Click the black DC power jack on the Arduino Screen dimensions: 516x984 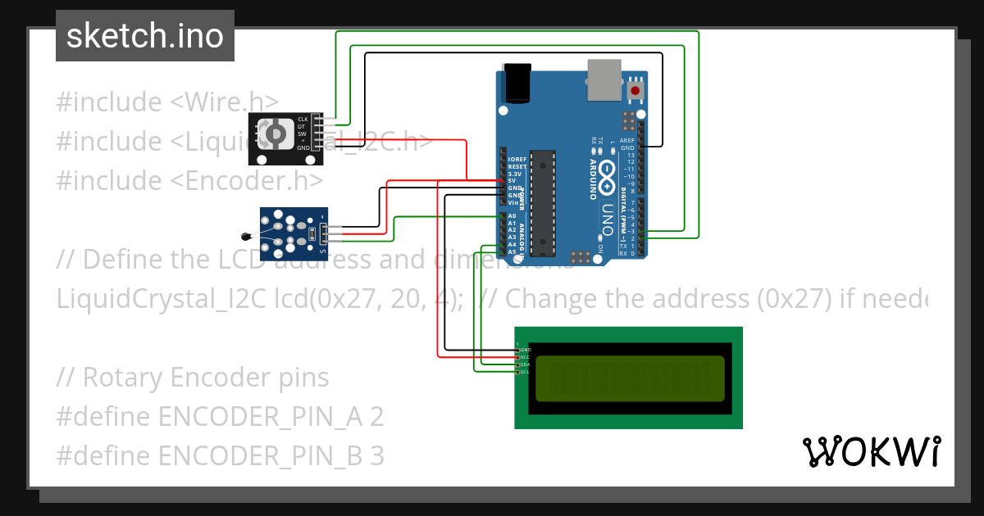[519, 83]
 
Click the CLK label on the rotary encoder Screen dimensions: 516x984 [302, 120]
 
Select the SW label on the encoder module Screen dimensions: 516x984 [302, 134]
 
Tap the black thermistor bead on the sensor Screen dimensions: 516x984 [245, 236]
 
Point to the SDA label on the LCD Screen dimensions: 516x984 [525, 364]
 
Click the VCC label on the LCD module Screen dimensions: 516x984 [525, 357]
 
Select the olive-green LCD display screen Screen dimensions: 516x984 [630, 378]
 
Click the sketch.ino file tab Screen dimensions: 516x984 [145, 36]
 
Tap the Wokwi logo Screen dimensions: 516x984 [871, 451]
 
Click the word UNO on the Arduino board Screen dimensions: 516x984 [608, 215]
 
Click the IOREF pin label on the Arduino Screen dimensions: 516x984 [517, 159]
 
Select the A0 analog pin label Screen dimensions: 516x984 [512, 215]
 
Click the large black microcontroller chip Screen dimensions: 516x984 [541, 201]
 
